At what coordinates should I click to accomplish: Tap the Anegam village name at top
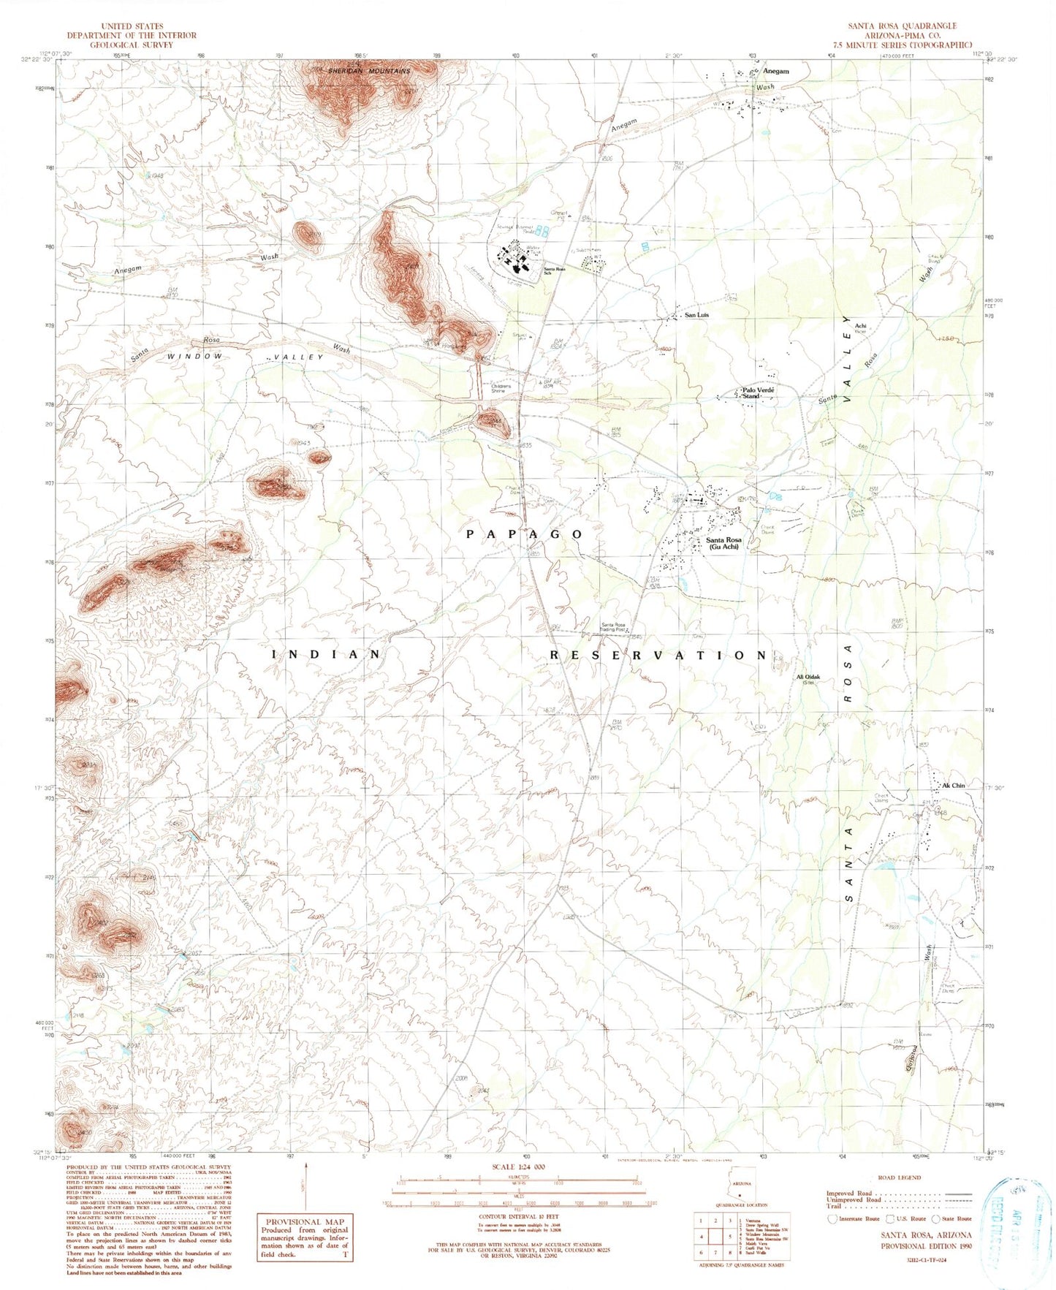[775, 72]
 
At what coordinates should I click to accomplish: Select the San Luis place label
[696, 315]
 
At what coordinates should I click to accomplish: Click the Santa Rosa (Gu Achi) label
[723, 543]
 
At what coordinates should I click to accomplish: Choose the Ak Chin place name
[954, 786]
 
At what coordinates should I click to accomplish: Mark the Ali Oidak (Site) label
[808, 680]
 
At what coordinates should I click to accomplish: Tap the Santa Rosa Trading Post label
[613, 627]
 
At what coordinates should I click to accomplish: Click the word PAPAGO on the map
[525, 534]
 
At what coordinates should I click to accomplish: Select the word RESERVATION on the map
[658, 655]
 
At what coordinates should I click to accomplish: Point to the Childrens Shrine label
[498, 388]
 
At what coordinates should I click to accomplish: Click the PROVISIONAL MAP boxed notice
[306, 1237]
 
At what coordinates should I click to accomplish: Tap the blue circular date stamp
[1014, 1222]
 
